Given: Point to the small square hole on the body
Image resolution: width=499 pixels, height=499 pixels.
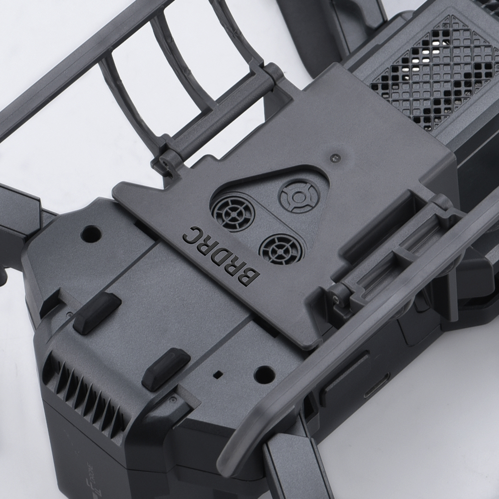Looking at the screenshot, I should pos(217,373).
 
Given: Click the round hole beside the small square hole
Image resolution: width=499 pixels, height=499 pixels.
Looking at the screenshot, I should pos(264,373).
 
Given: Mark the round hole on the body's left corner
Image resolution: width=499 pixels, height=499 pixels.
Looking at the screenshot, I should pos(91,233).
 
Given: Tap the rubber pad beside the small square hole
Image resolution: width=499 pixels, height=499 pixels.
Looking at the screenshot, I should pos(166,368).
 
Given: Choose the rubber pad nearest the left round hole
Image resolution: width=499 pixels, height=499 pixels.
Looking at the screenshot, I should pos(97,313).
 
